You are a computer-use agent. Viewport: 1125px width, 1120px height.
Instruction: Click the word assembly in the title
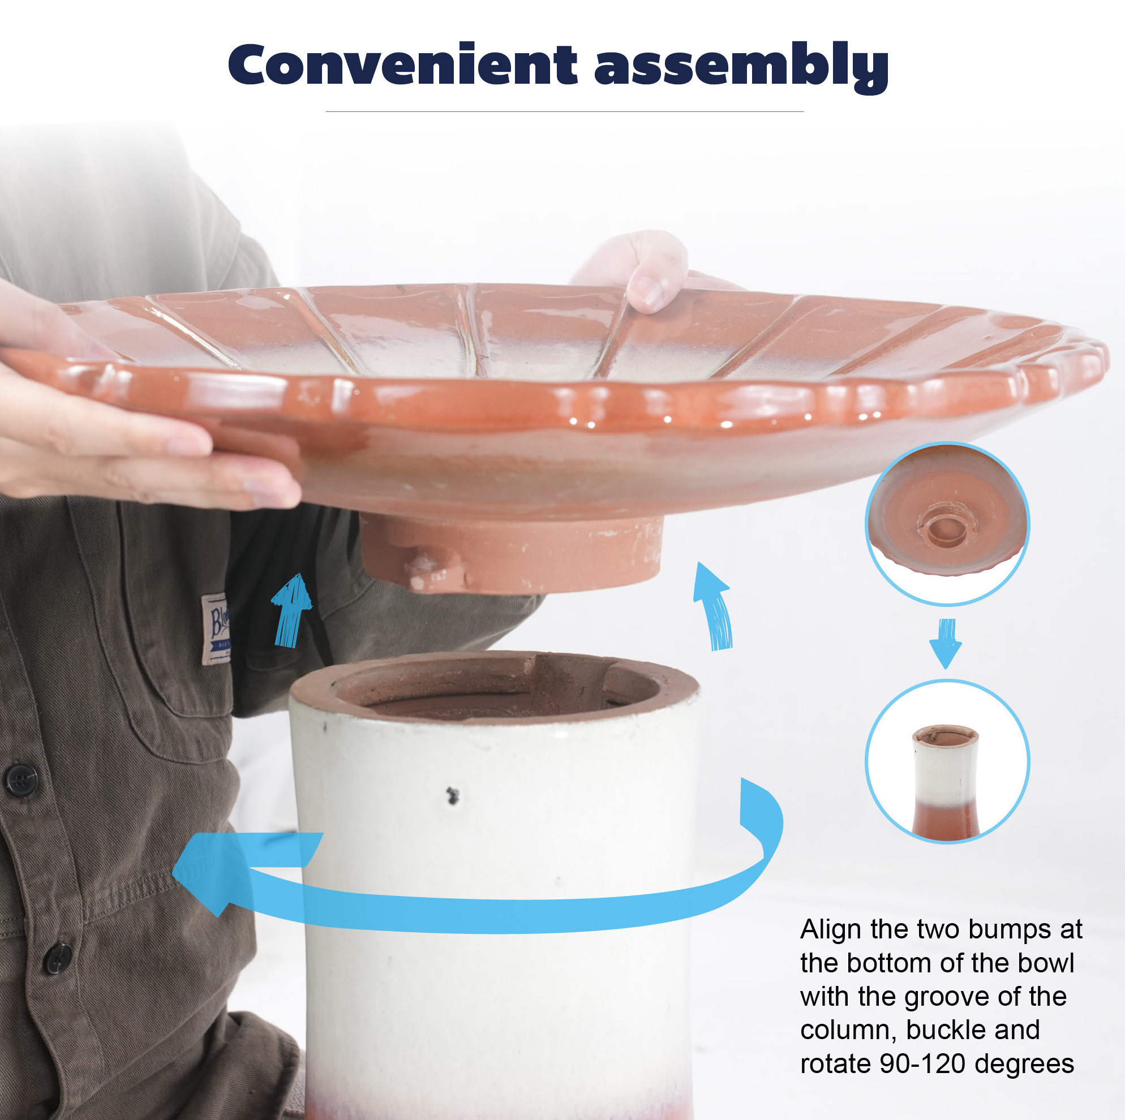coord(741,67)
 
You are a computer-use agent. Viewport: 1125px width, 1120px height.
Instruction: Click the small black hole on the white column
coord(452,795)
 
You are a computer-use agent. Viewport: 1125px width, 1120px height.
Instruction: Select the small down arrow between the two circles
coord(946,643)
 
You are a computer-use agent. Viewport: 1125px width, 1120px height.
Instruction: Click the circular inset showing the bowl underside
coord(947,524)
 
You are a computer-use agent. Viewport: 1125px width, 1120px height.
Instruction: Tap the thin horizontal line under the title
coord(564,111)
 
